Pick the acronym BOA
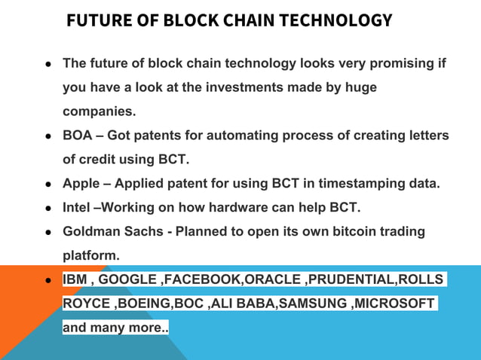click(x=78, y=136)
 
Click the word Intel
click(x=77, y=207)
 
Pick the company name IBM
click(x=75, y=279)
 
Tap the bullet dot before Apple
click(x=47, y=184)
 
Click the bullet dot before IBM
click(x=47, y=280)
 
